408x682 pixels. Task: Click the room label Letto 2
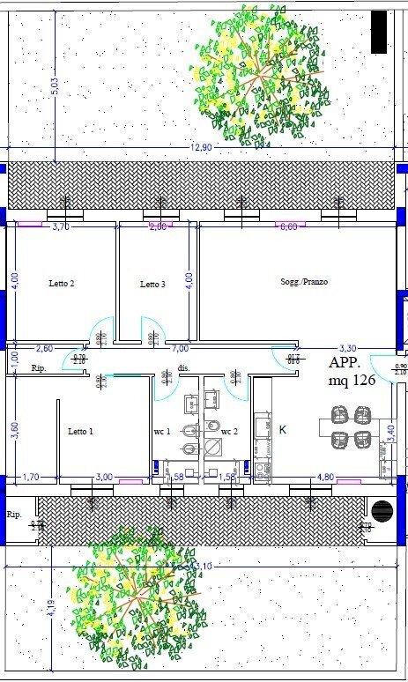click(61, 284)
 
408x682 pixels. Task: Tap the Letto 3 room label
click(152, 285)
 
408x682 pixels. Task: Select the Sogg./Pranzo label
click(300, 282)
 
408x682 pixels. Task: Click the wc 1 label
click(161, 432)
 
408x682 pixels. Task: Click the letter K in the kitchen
click(283, 430)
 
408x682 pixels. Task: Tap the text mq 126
click(352, 382)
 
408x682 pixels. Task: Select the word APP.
click(346, 362)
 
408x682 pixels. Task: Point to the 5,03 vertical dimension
click(55, 91)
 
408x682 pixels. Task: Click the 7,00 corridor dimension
click(179, 349)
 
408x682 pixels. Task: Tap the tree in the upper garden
click(259, 68)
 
